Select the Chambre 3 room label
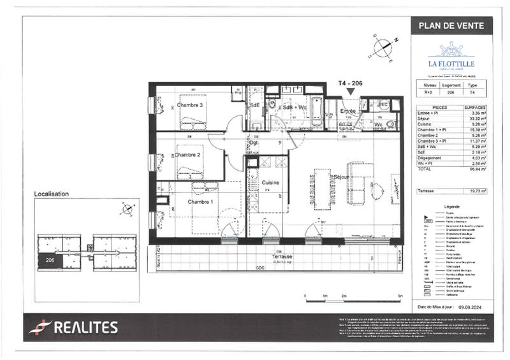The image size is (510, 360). (x=190, y=104)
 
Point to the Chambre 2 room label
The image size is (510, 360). (x=188, y=155)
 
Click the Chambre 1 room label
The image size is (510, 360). (x=200, y=202)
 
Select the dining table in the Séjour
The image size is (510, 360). (x=323, y=189)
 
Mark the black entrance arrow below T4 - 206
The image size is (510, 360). (x=349, y=93)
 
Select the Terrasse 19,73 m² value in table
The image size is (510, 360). (x=477, y=191)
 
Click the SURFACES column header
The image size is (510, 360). (x=476, y=108)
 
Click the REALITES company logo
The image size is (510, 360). (x=73, y=328)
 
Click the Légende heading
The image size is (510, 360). (x=451, y=207)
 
